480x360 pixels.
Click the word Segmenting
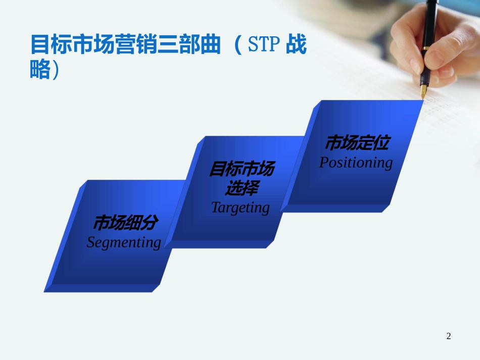(124, 242)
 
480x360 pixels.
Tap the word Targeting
(241, 208)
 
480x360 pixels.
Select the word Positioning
(356, 163)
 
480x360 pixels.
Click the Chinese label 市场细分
(126, 222)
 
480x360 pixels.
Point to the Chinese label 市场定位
(357, 142)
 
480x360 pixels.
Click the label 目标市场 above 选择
(242, 169)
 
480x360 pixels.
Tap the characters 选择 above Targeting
(242, 188)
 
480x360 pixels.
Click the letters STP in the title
(264, 44)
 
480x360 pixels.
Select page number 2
(449, 336)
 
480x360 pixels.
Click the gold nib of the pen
(424, 91)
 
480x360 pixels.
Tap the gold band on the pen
(426, 48)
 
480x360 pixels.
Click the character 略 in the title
(40, 69)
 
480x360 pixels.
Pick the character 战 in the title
(296, 44)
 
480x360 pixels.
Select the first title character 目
(40, 44)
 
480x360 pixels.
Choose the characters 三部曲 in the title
(189, 44)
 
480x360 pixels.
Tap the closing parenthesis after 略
(56, 70)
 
